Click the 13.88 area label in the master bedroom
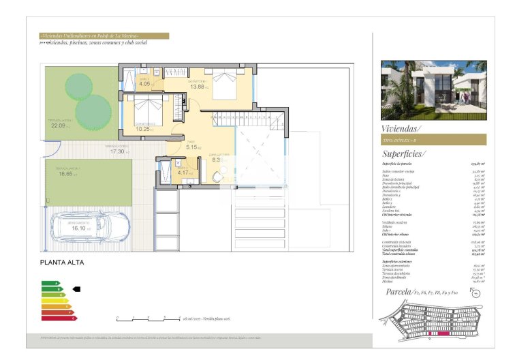click(x=198, y=87)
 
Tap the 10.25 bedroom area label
click(x=143, y=129)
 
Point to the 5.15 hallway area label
click(x=192, y=147)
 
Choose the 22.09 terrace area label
click(x=59, y=125)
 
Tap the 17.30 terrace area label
click(x=118, y=151)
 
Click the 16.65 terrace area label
click(x=65, y=174)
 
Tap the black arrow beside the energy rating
click(x=76, y=289)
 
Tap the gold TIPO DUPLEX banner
click(x=433, y=140)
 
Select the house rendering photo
click(x=433, y=90)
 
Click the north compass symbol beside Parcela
click(x=474, y=294)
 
